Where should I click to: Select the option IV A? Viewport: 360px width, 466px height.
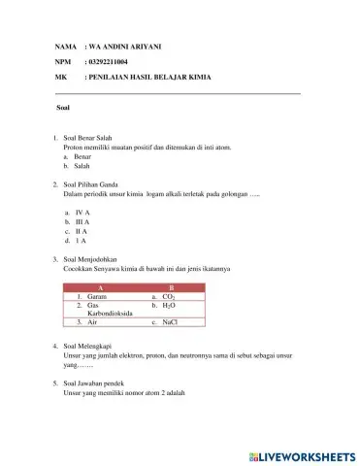[x=82, y=212]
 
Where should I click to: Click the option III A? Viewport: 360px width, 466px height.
[x=82, y=221]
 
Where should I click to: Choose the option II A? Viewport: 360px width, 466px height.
[x=82, y=231]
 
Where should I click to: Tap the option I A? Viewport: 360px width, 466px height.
[x=82, y=241]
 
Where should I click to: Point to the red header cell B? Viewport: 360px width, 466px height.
[x=172, y=287]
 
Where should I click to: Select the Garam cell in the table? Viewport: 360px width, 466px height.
[x=96, y=296]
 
